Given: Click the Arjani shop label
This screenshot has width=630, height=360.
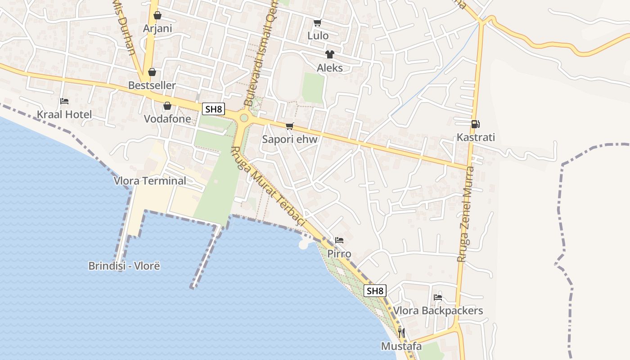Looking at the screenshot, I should point(157,28).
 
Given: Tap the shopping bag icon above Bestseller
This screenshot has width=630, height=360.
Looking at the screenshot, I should point(152,72).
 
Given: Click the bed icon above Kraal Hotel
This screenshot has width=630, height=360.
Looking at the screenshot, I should point(64,101).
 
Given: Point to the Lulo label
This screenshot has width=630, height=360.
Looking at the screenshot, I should point(318,36).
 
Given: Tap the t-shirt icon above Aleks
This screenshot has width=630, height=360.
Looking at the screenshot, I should point(330,54).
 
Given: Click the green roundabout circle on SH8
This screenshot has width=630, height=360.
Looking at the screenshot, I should point(244,118).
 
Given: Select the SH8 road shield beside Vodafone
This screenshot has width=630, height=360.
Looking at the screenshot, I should point(213,109).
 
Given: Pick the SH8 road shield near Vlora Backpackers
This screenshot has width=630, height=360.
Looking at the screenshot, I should point(375,291).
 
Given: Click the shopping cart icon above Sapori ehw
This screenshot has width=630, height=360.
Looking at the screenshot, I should point(290,126).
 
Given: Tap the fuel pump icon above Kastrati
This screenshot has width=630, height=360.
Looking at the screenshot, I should point(475,124).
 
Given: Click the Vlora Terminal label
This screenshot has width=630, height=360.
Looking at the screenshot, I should point(150,181).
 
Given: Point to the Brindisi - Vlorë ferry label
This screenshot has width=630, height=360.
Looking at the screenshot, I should point(124,265).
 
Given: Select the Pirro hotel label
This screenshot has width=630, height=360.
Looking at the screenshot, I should point(339,253).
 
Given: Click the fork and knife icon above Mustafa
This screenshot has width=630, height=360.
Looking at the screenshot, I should point(401,333).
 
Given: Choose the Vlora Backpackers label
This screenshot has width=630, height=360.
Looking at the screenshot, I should point(438,310).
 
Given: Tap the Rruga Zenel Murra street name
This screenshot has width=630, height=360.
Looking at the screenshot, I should point(465,214).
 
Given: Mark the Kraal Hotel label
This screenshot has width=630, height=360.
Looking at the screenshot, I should point(64,114).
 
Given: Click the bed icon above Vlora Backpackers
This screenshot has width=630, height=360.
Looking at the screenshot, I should point(437,297).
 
